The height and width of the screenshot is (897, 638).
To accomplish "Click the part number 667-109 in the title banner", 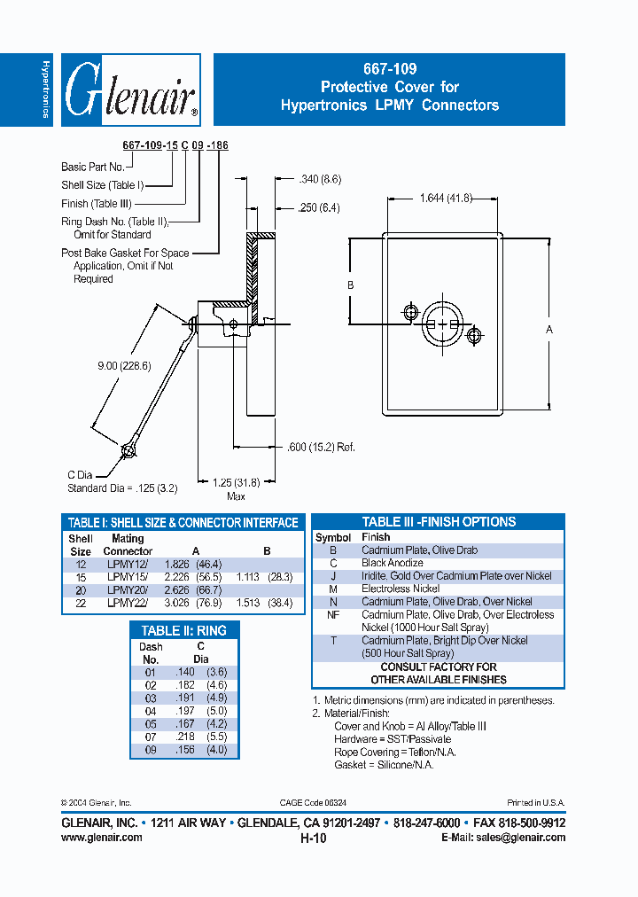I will point(389,69).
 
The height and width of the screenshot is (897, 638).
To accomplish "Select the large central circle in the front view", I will point(440,324).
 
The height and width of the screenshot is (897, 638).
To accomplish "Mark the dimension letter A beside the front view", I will point(549,330).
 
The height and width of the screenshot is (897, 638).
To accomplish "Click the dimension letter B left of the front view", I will point(351,285).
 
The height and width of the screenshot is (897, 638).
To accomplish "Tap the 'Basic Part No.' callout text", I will point(92,167).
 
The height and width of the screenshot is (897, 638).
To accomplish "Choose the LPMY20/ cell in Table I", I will point(126,589).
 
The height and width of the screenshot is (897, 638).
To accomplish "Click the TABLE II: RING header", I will point(183,630).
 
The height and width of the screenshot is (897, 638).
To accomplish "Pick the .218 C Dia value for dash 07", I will point(184,737).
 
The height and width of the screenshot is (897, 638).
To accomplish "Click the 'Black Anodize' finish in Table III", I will point(392,563).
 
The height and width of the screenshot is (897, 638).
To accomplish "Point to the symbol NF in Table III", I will point(332,614).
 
